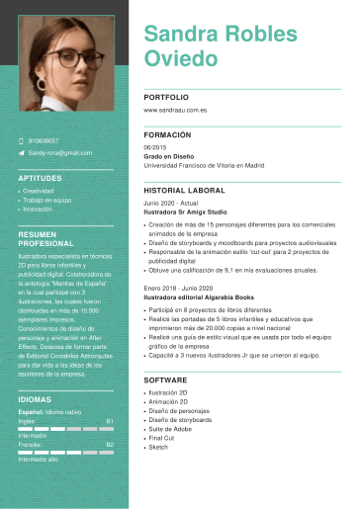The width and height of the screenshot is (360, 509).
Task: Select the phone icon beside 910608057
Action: click(x=21, y=141)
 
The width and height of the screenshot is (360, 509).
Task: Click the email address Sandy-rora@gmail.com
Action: click(x=60, y=153)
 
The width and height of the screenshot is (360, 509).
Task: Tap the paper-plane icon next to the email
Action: click(x=21, y=153)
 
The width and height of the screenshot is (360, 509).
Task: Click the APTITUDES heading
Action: click(x=41, y=178)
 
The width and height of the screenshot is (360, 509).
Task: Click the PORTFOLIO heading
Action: click(x=165, y=99)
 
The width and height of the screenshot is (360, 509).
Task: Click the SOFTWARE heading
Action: click(x=165, y=380)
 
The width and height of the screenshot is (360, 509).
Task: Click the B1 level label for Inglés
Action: click(x=109, y=420)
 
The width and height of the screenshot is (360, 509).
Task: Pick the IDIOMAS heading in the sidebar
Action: click(x=37, y=400)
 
